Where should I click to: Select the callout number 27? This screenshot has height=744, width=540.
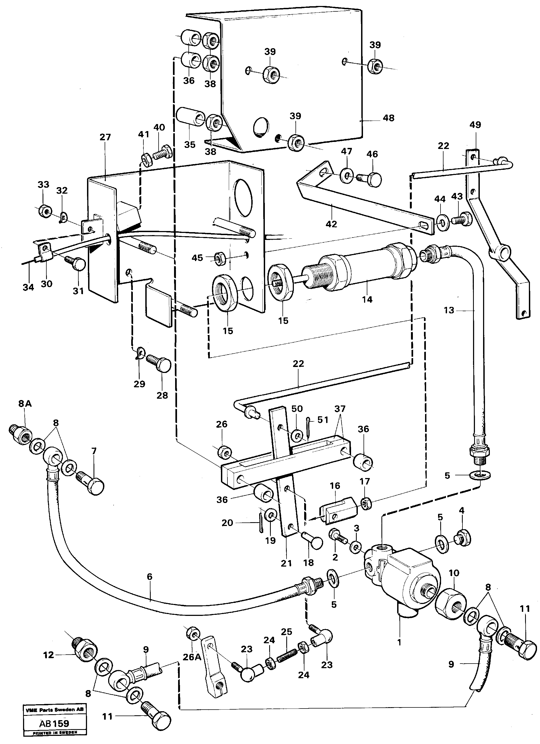coord(105,137)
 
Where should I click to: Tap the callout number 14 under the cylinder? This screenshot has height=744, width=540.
coord(367,300)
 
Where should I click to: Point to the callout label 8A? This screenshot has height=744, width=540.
coord(25,404)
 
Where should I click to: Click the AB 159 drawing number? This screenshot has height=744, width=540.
coord(54,730)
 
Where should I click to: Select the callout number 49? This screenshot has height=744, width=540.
coord(475,125)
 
